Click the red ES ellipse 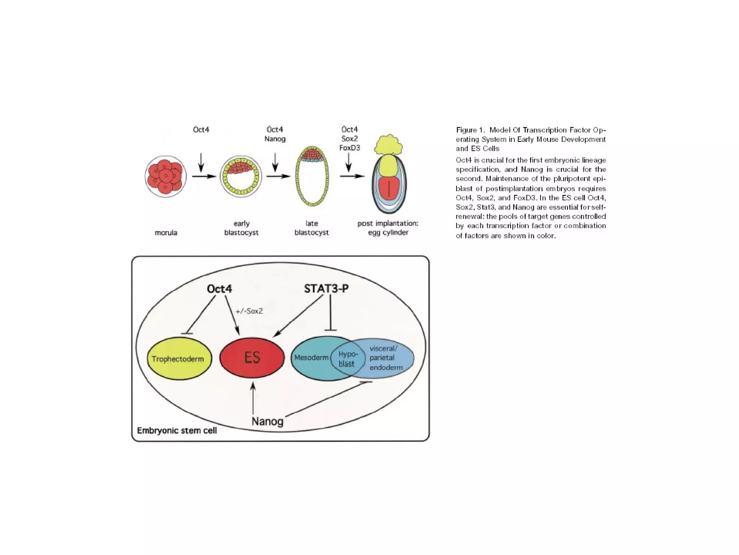point(252,358)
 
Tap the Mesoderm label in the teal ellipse point(311,358)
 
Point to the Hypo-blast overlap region point(347,359)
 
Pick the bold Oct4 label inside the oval point(219,289)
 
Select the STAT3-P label point(326,288)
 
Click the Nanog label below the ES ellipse point(267,421)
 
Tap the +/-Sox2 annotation point(249,311)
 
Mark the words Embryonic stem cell point(177,431)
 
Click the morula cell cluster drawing point(166,177)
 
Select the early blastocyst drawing point(241,177)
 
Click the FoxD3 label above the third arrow point(350,148)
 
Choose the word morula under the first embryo point(166,233)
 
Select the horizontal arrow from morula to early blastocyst point(204,176)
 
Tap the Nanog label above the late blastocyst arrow point(275,139)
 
